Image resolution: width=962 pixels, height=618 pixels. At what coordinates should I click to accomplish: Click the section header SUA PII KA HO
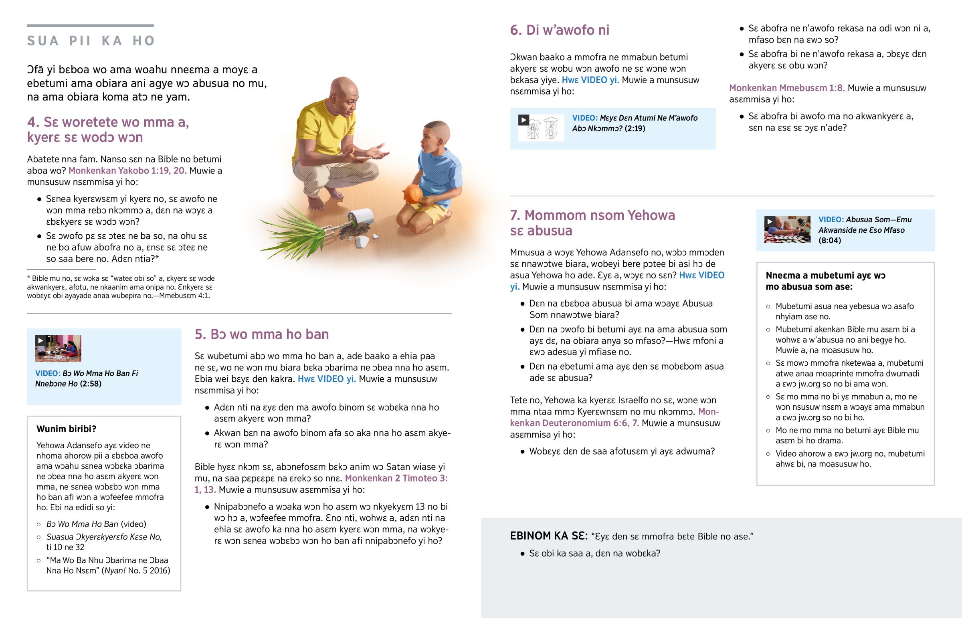tap(91, 40)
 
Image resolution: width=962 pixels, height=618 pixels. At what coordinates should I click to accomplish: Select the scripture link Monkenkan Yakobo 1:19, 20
tap(127, 171)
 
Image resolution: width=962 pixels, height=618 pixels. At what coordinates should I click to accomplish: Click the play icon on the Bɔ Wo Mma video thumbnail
tap(40, 341)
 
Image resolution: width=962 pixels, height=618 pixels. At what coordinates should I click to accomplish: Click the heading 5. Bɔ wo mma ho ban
tap(262, 334)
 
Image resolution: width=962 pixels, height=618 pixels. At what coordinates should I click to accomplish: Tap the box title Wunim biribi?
tap(66, 429)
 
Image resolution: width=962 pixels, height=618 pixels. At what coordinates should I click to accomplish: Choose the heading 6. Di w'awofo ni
tap(560, 30)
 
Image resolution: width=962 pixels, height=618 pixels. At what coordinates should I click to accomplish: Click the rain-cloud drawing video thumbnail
tap(541, 128)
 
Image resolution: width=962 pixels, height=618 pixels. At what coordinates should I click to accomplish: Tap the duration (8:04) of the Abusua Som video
tap(829, 240)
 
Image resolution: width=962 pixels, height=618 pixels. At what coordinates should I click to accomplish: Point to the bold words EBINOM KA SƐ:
tap(549, 536)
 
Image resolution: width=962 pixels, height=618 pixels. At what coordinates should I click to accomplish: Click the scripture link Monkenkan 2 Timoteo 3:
tap(396, 478)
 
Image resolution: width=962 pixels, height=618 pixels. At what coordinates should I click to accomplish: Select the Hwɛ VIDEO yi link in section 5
tap(327, 379)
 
